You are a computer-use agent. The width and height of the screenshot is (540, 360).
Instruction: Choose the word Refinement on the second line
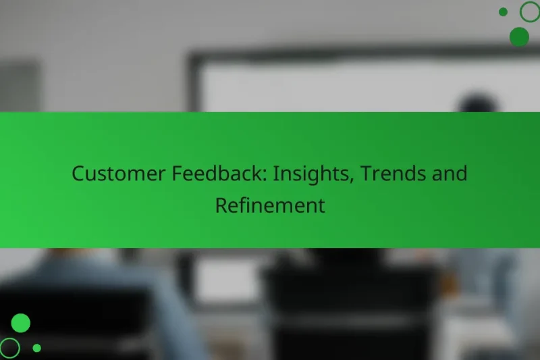[x=270, y=205]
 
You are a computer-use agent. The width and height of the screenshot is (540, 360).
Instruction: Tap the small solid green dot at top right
[x=503, y=11]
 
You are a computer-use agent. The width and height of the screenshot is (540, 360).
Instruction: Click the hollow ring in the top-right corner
[x=530, y=11]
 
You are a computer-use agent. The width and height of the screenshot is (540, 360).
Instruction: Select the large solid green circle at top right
[x=519, y=36]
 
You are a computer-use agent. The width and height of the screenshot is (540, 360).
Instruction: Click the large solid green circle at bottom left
[x=21, y=324]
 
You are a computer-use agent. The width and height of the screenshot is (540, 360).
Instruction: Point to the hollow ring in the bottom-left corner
[x=10, y=348]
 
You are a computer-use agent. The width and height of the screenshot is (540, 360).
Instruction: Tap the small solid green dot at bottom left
[x=37, y=348]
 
